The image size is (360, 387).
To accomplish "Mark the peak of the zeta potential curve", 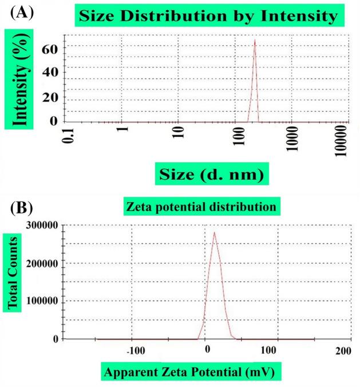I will point(214,232).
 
